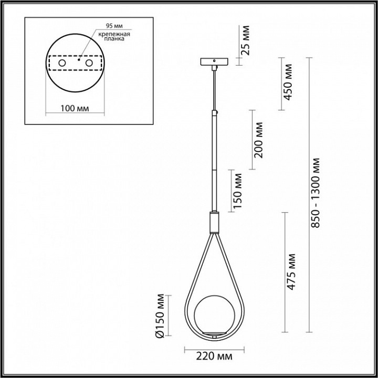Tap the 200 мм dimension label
pyautogui.click(x=258, y=140)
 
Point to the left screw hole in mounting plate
pyautogui.click(x=62, y=64)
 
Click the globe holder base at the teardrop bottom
pyautogui.click(x=213, y=334)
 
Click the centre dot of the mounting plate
pyautogui.click(x=77, y=61)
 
